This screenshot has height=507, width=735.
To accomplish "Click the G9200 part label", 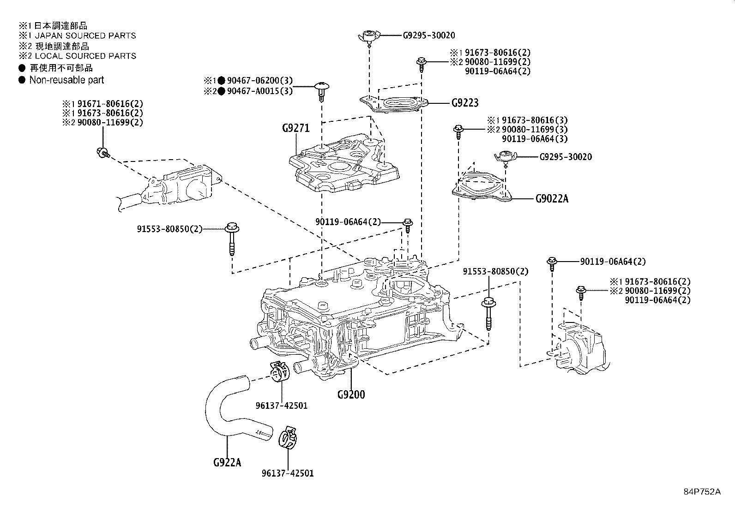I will (x=351, y=394).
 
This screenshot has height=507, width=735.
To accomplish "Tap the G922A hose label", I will (x=228, y=462).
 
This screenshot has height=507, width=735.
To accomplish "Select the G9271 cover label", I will (x=295, y=128).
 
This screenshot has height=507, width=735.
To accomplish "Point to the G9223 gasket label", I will (x=465, y=102).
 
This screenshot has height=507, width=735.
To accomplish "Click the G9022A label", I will (x=552, y=199).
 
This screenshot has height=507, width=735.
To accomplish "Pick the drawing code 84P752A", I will (x=702, y=492).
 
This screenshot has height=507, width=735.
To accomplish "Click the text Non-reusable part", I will (x=66, y=80).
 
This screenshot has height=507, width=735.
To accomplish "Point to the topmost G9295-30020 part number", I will (x=429, y=35).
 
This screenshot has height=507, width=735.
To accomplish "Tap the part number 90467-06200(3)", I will (x=259, y=81).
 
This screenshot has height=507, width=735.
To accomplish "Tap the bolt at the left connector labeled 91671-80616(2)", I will (x=102, y=152).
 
